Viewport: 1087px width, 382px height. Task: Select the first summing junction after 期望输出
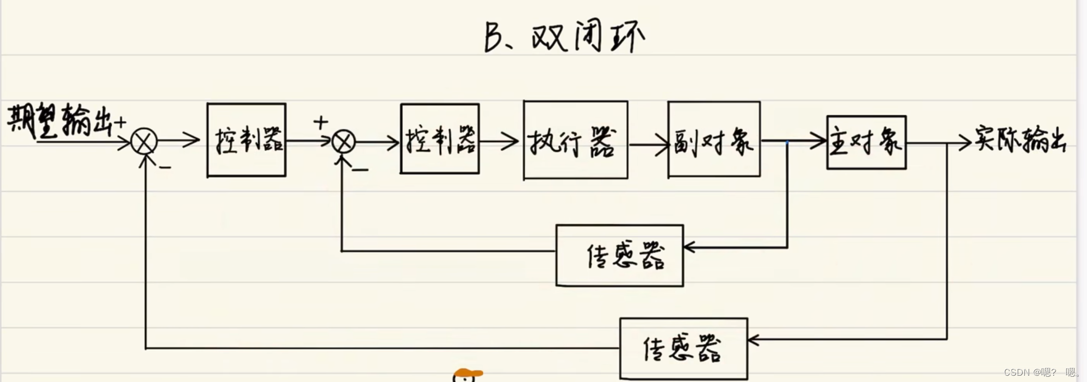[x=144, y=141]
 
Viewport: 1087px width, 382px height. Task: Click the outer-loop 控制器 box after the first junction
[x=246, y=140]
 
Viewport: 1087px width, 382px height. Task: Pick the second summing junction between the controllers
[x=343, y=141]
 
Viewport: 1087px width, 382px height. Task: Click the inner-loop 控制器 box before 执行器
[x=439, y=139]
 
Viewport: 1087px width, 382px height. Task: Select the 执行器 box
[x=575, y=140]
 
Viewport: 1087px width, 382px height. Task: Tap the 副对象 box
[x=713, y=139]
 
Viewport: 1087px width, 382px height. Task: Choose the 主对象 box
[x=866, y=142]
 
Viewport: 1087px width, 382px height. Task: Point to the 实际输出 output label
[x=1019, y=140]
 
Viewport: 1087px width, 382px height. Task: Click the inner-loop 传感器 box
[x=619, y=256]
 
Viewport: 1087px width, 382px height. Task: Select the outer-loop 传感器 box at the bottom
[x=683, y=349]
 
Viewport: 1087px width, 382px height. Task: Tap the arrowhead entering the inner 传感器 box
[x=689, y=247]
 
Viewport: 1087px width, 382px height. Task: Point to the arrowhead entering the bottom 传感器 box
[x=753, y=340]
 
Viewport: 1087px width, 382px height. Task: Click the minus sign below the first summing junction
[x=165, y=168]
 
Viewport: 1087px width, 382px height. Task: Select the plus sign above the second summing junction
[x=320, y=123]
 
